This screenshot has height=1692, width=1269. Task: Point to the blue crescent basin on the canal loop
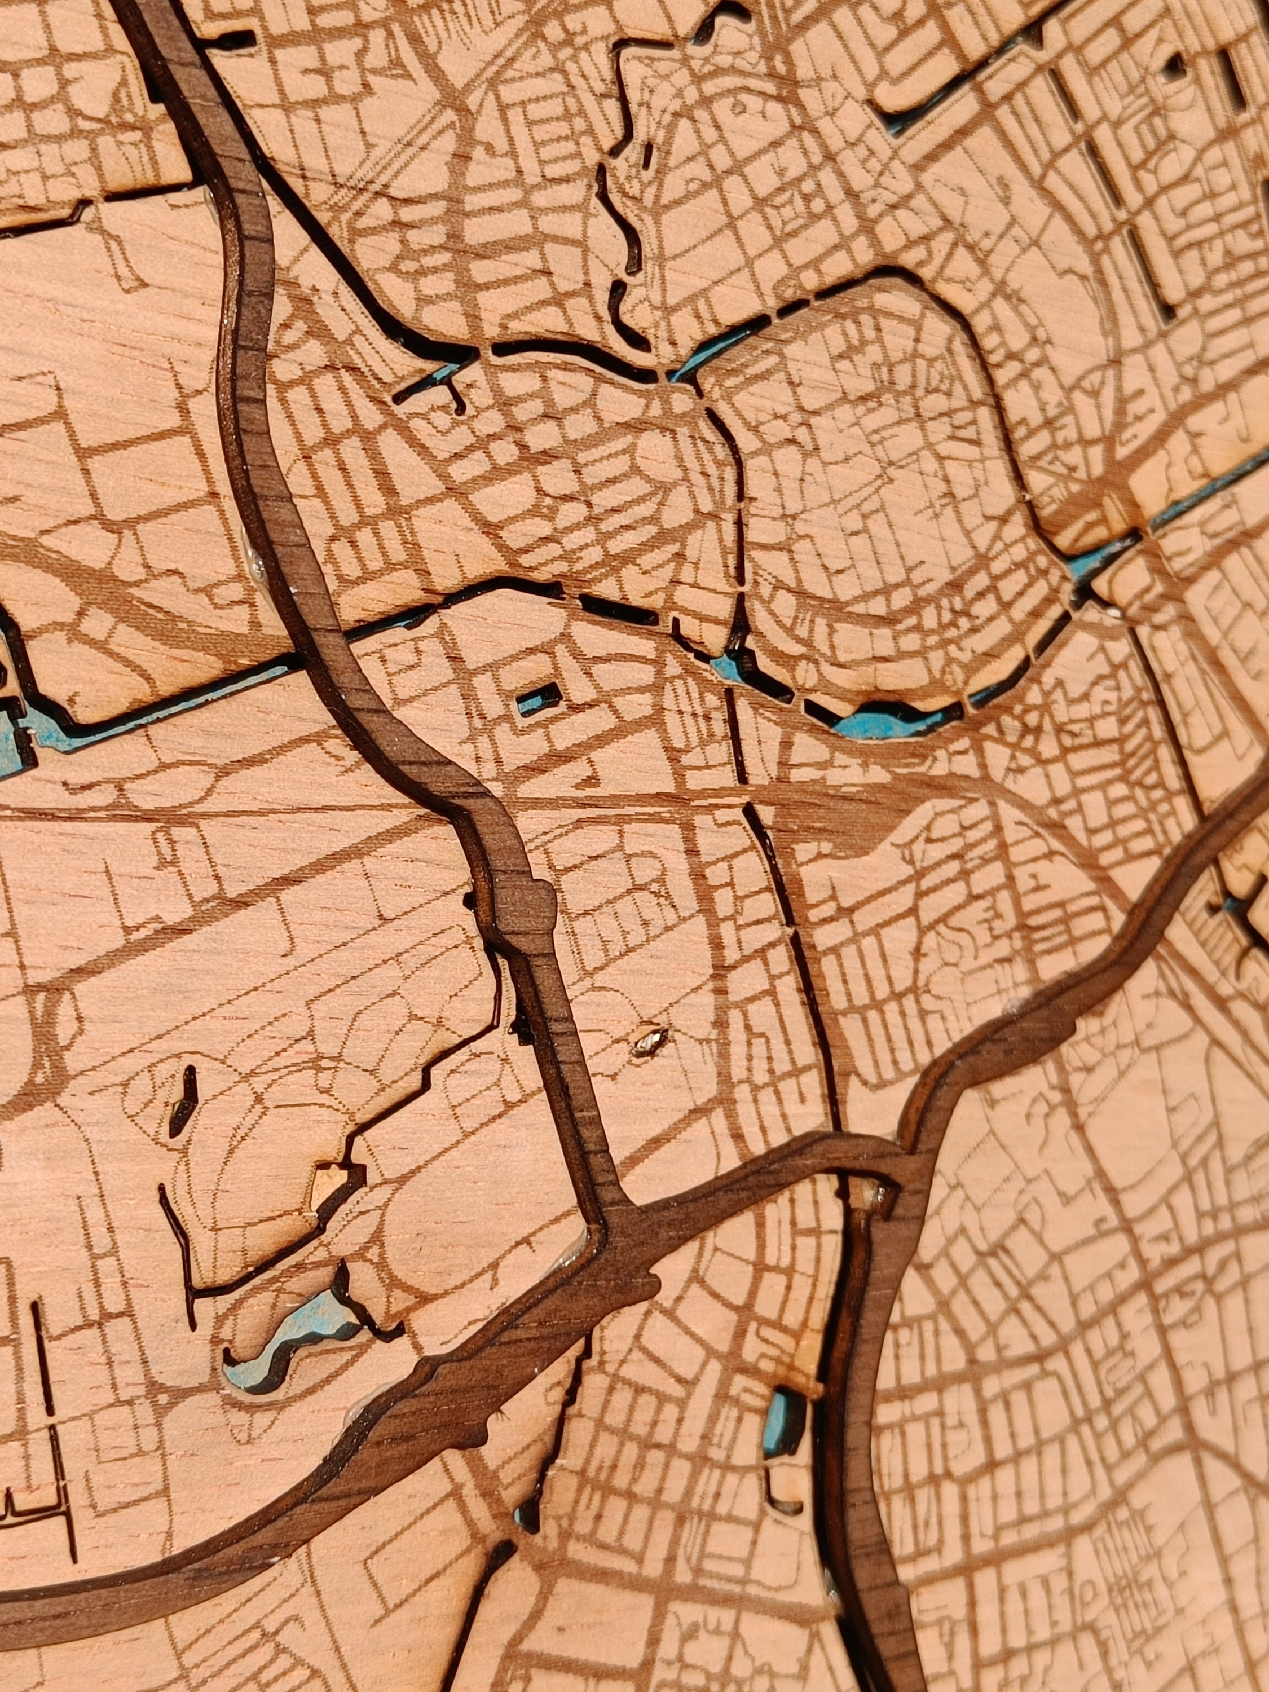tap(887, 722)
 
